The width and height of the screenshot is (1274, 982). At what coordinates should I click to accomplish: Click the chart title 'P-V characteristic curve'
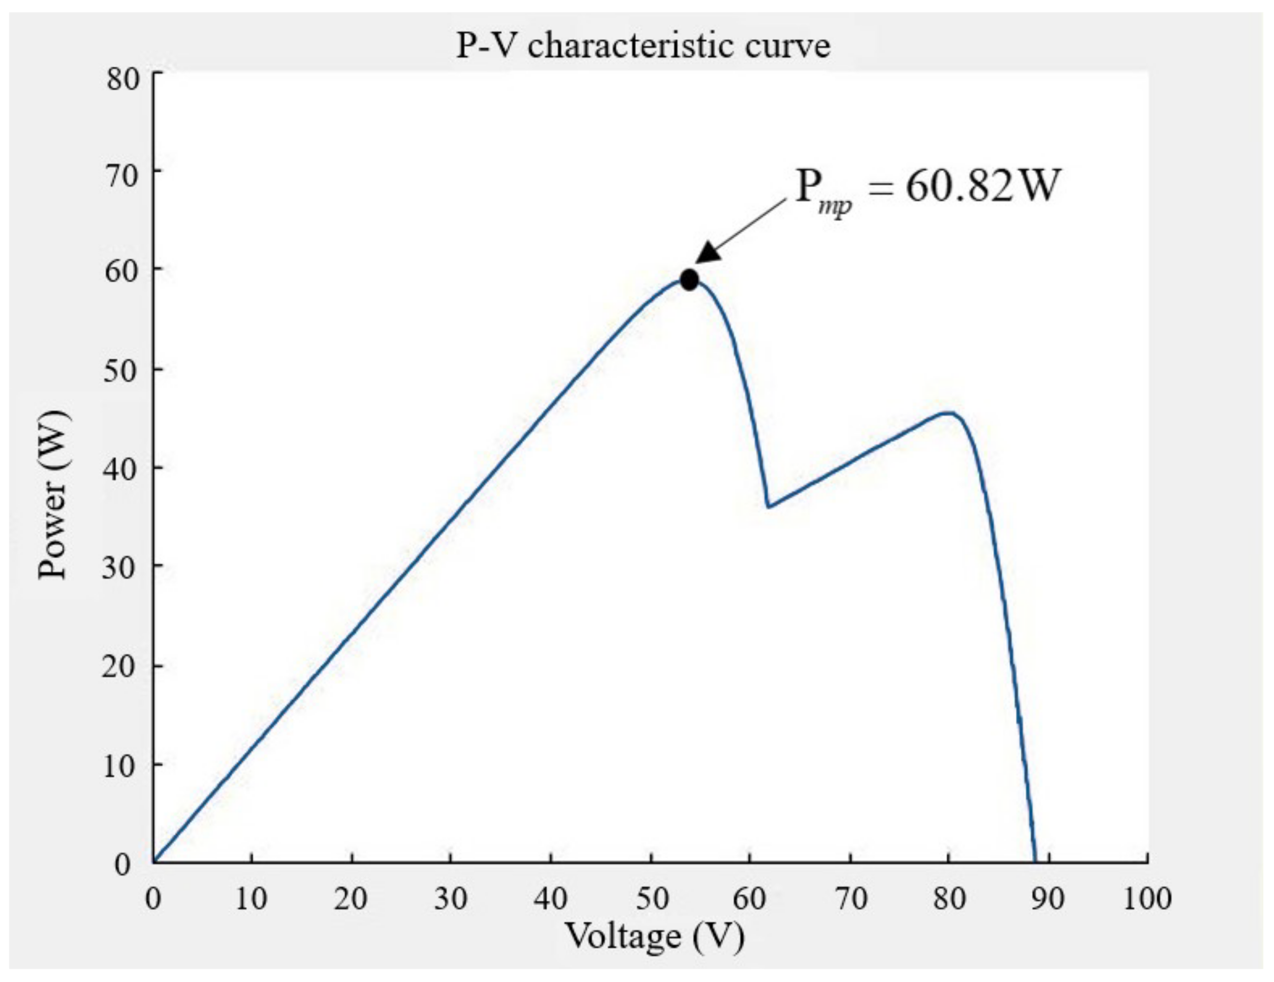pyautogui.click(x=643, y=46)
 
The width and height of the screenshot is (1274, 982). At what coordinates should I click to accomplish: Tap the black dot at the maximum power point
pyautogui.click(x=689, y=280)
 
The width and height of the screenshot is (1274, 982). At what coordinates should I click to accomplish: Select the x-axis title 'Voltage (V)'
pyautogui.click(x=655, y=936)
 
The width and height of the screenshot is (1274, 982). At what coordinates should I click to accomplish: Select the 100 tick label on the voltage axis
pyautogui.click(x=1147, y=899)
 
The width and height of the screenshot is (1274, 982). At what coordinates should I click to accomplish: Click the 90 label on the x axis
pyautogui.click(x=1048, y=899)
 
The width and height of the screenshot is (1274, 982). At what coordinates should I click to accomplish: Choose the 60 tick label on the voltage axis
pyautogui.click(x=750, y=899)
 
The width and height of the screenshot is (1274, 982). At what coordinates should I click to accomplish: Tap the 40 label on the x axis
pyautogui.click(x=551, y=899)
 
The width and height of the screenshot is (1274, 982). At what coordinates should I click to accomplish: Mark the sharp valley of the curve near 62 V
pyautogui.click(x=768, y=507)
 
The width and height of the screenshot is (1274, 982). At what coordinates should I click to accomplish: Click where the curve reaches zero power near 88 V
pyautogui.click(x=1035, y=860)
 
